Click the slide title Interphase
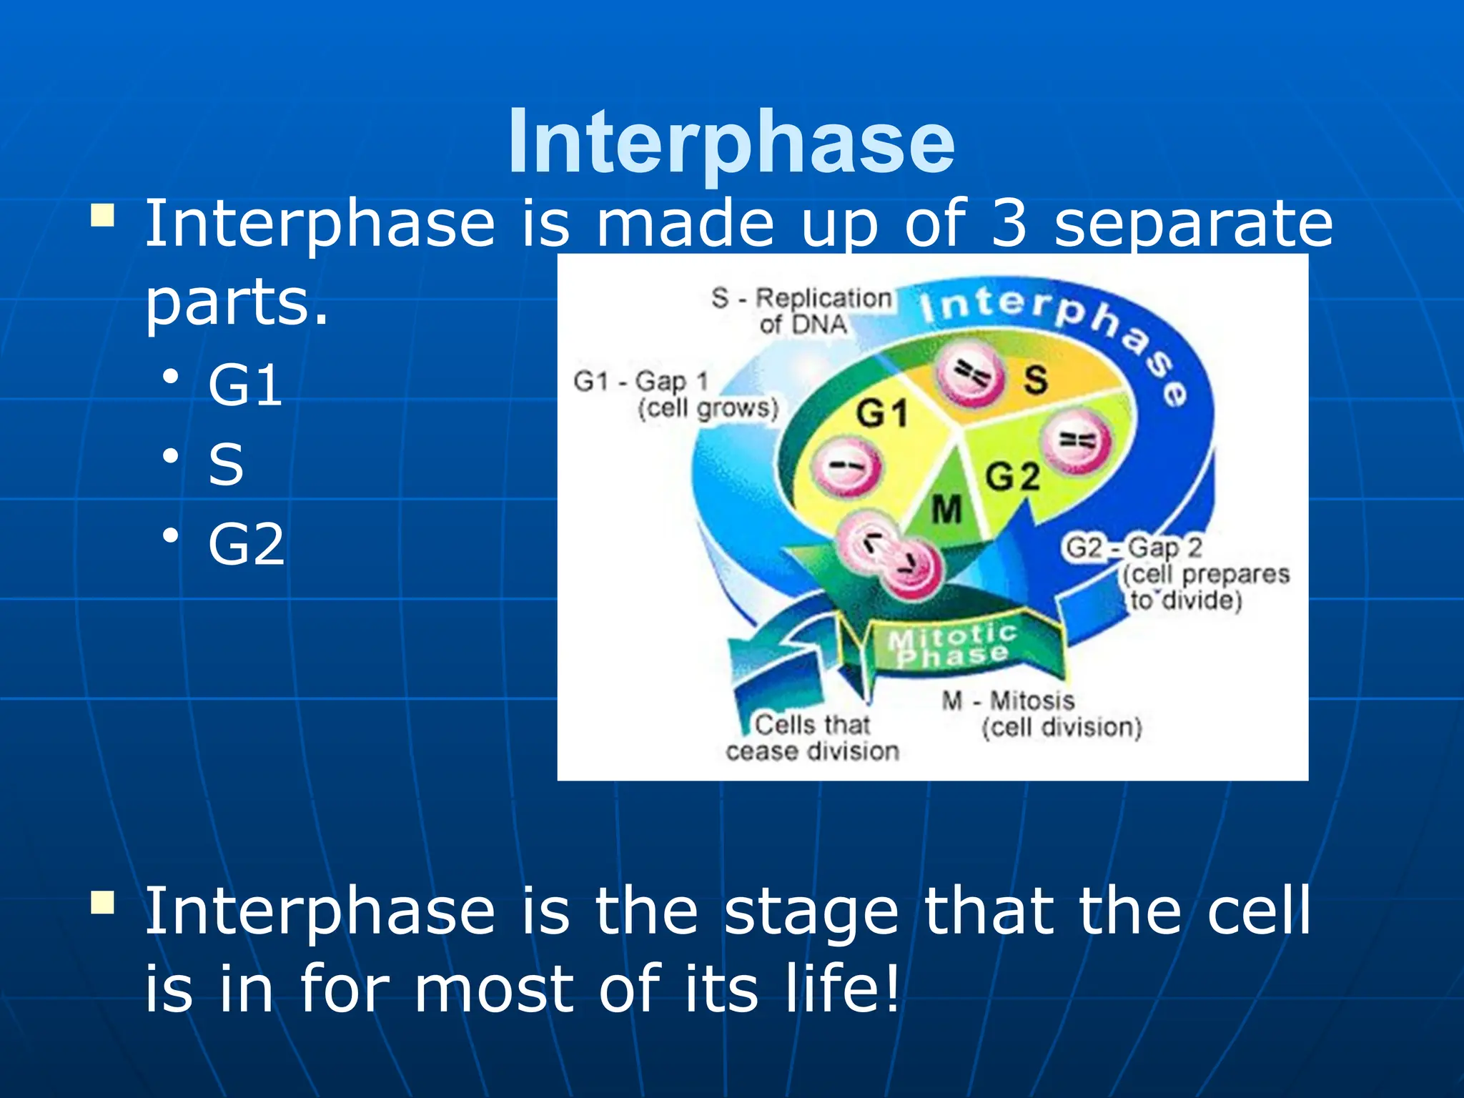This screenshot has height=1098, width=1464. coord(731,141)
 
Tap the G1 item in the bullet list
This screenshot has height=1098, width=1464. coord(245,386)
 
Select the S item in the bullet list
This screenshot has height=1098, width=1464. coord(226,465)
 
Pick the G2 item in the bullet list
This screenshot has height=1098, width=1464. coord(246,545)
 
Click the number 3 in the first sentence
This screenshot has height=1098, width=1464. coord(1009,224)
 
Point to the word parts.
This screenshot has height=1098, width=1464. coord(236,302)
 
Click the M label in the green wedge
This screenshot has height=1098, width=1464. coord(947,510)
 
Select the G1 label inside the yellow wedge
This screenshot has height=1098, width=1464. coord(882,413)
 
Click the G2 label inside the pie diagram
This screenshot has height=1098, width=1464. coord(1012,476)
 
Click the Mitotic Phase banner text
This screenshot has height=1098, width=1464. coord(951,645)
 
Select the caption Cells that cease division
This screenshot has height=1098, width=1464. coord(812,738)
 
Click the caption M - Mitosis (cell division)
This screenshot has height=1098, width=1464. coord(1042,714)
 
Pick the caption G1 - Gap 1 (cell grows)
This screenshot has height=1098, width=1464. coord(675,395)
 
